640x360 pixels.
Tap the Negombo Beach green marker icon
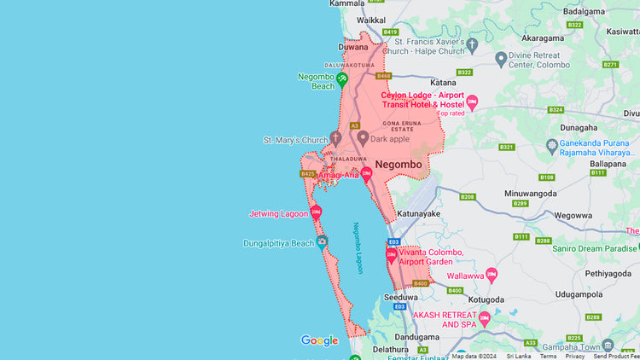click(341, 79)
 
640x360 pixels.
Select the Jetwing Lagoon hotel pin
click(316, 212)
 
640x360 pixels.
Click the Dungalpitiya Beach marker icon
click(323, 242)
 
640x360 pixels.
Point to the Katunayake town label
click(418, 213)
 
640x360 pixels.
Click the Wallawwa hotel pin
click(491, 276)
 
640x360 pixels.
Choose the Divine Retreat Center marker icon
click(501, 59)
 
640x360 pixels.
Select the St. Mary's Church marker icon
click(336, 138)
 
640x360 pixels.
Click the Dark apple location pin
click(363, 137)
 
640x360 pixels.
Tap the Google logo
click(319, 341)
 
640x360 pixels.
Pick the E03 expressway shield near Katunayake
click(393, 242)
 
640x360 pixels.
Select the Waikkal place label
click(371, 20)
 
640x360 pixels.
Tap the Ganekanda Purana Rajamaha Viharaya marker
click(552, 145)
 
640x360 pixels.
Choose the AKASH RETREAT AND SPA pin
click(485, 318)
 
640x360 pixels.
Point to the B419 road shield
click(391, 32)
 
